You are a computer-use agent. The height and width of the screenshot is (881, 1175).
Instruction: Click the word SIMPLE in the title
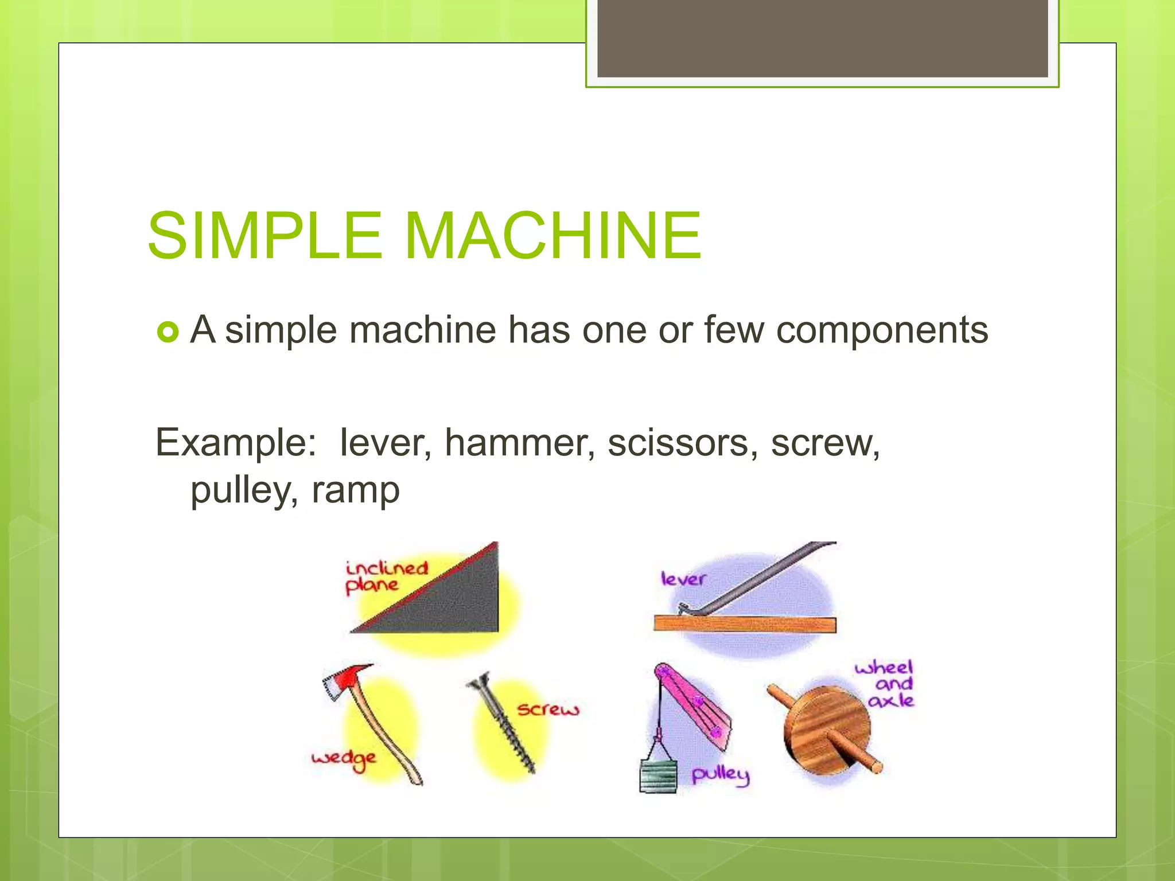(x=264, y=236)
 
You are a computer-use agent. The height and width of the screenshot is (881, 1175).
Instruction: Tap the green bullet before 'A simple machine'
(x=168, y=332)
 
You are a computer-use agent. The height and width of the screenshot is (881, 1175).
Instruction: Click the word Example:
(x=236, y=443)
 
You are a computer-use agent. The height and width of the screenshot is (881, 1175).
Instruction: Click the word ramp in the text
(x=355, y=490)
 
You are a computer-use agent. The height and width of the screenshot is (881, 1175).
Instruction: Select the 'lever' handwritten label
(x=682, y=579)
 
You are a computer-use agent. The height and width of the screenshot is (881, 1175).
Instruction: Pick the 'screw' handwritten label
(x=548, y=710)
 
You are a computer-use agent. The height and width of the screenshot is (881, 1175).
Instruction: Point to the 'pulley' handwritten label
(x=720, y=775)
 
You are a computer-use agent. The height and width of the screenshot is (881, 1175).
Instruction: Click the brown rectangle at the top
(x=822, y=38)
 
